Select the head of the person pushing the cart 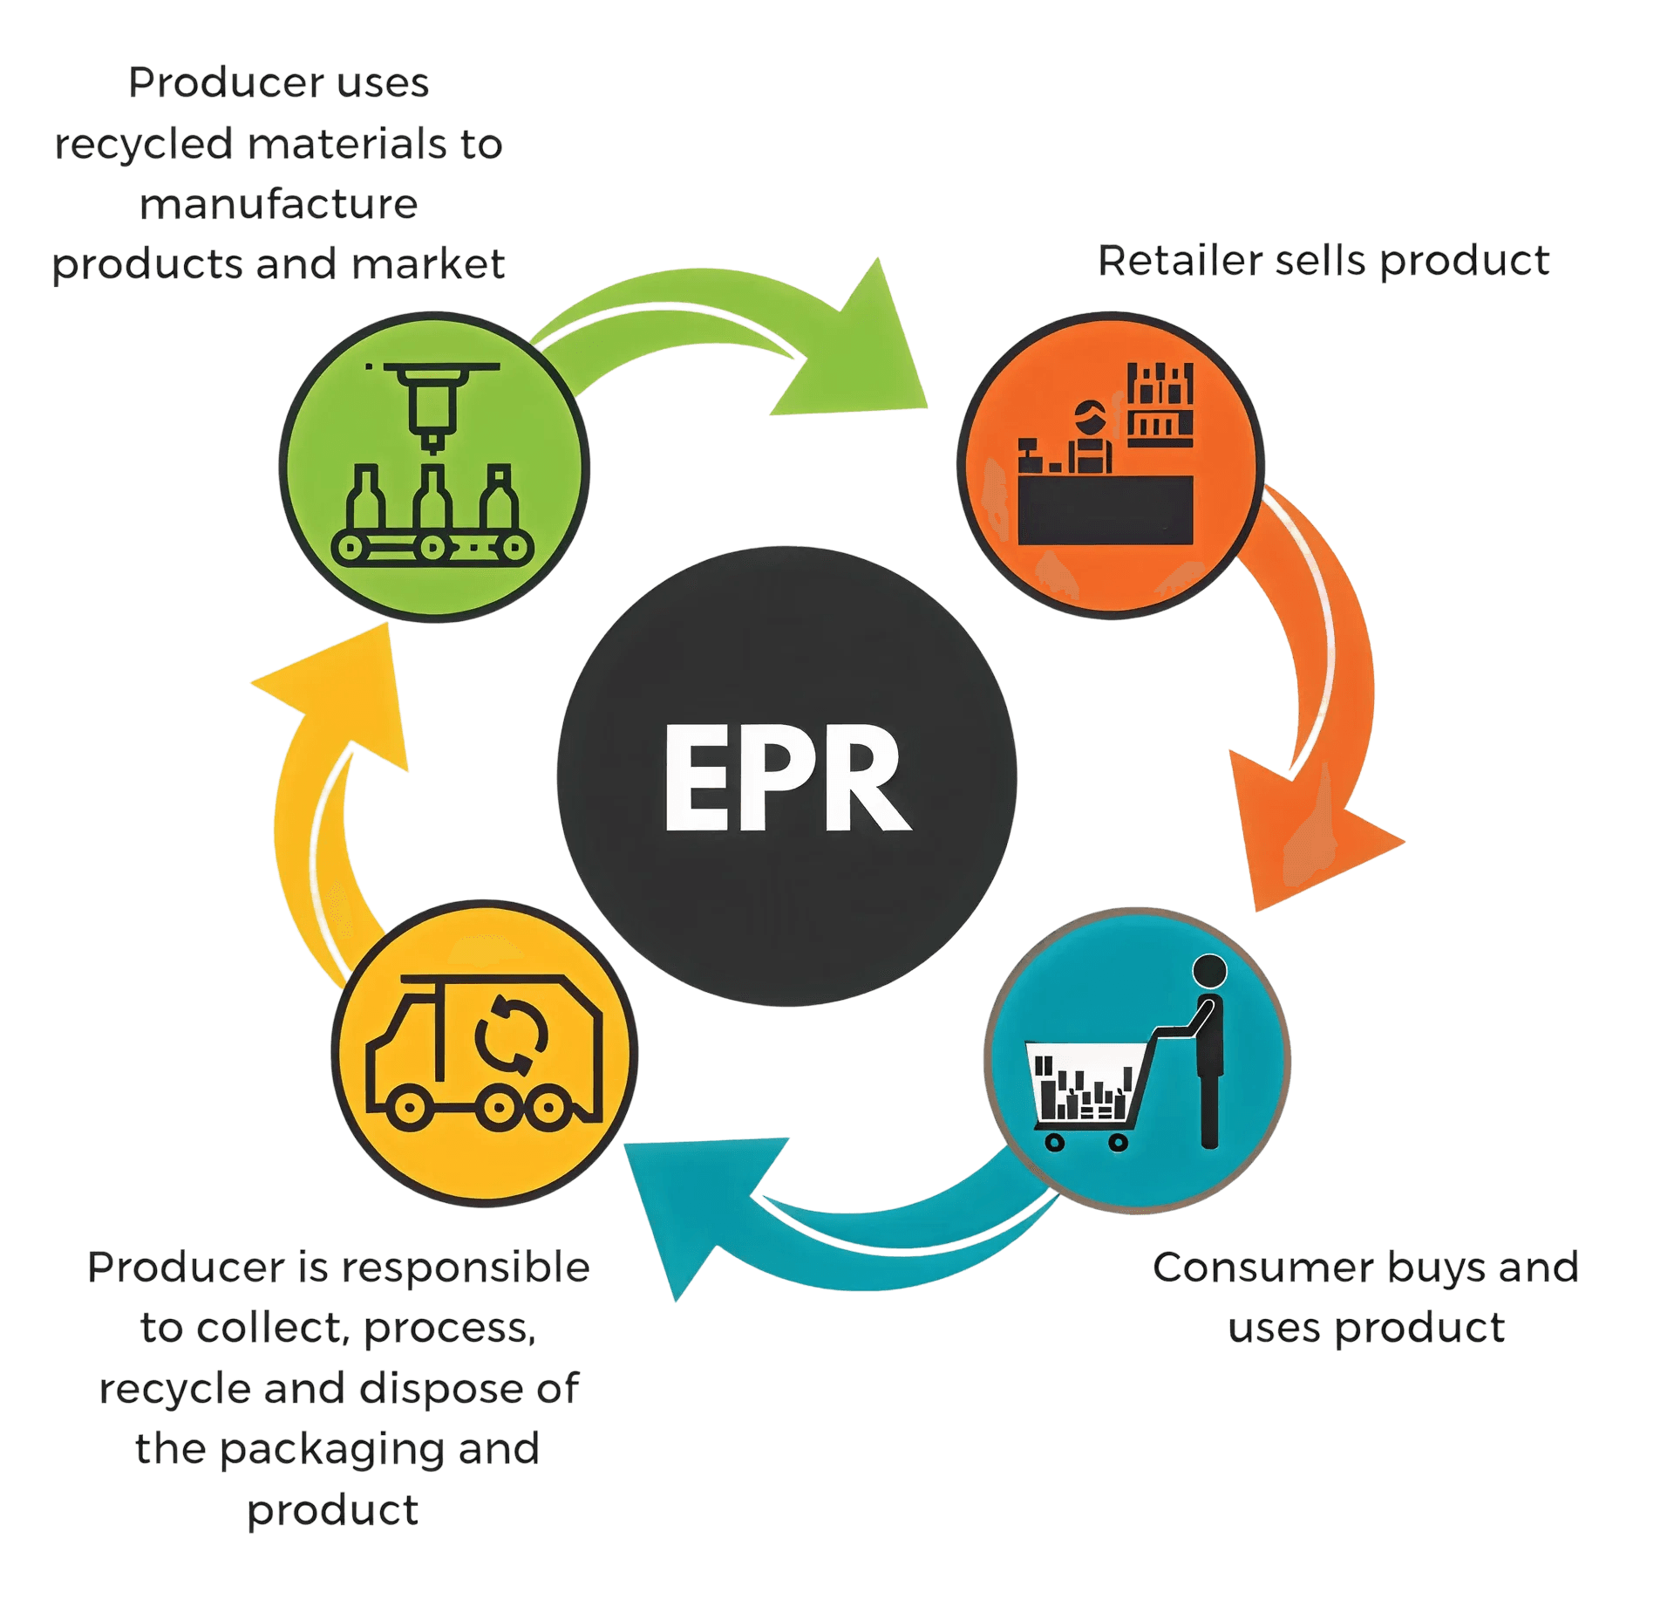(x=1209, y=971)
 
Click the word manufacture (x=279, y=205)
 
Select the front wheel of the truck (x=406, y=1109)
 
